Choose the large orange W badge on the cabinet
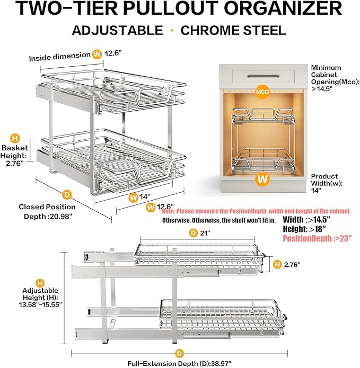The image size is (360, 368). coord(261,179)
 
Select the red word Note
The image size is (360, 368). coord(170,211)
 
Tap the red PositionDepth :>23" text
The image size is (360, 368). coord(317,239)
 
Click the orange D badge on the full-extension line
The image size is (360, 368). coord(179,352)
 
